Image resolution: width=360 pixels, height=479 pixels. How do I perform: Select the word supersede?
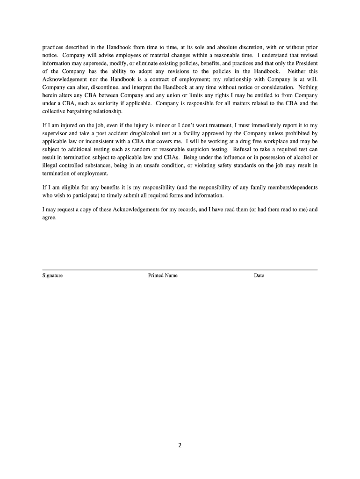click(x=89, y=63)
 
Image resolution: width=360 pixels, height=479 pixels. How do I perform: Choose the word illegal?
click(x=49, y=165)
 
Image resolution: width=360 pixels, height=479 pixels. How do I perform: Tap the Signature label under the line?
click(x=52, y=276)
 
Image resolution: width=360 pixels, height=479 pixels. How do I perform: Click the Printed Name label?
click(x=163, y=276)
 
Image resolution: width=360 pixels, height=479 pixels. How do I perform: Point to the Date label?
click(x=259, y=276)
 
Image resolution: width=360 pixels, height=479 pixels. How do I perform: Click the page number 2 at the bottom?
click(x=180, y=445)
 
